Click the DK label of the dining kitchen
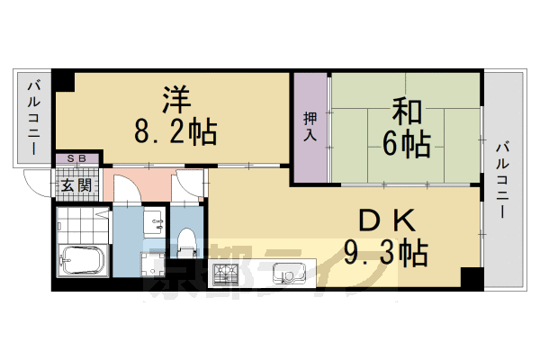382,219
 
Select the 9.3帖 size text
385,252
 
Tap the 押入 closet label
310,126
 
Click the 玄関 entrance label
76,186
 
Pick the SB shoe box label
76,159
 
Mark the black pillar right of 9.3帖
471,277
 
